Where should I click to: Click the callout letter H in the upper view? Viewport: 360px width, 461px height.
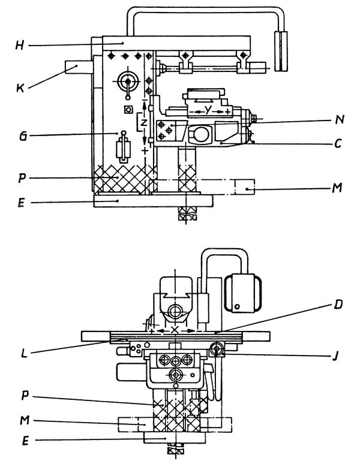19,46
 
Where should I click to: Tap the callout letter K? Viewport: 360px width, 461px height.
20,88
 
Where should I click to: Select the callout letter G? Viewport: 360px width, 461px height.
23,136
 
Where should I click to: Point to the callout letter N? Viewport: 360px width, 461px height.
340,119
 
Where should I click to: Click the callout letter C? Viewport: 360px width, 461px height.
338,144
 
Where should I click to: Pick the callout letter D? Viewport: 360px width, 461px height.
338,305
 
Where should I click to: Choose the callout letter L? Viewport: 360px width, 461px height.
24,353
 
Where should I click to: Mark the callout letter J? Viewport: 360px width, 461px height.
335,356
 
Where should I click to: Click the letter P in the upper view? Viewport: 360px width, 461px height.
22,178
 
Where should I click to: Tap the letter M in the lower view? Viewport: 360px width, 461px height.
25,420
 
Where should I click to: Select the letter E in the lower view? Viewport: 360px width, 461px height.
25,441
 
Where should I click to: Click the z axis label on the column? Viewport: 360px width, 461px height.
143,122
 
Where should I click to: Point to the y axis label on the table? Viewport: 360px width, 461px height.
208,110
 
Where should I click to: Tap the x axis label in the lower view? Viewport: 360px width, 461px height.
175,330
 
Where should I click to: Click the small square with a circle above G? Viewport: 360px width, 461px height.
128,110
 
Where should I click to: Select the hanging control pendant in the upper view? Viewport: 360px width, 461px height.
281,50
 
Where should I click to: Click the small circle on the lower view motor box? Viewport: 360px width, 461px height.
237,307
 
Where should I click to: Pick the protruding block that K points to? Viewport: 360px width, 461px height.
79,67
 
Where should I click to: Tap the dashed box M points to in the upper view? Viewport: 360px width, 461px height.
244,187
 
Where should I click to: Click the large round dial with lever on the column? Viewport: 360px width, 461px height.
128,81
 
